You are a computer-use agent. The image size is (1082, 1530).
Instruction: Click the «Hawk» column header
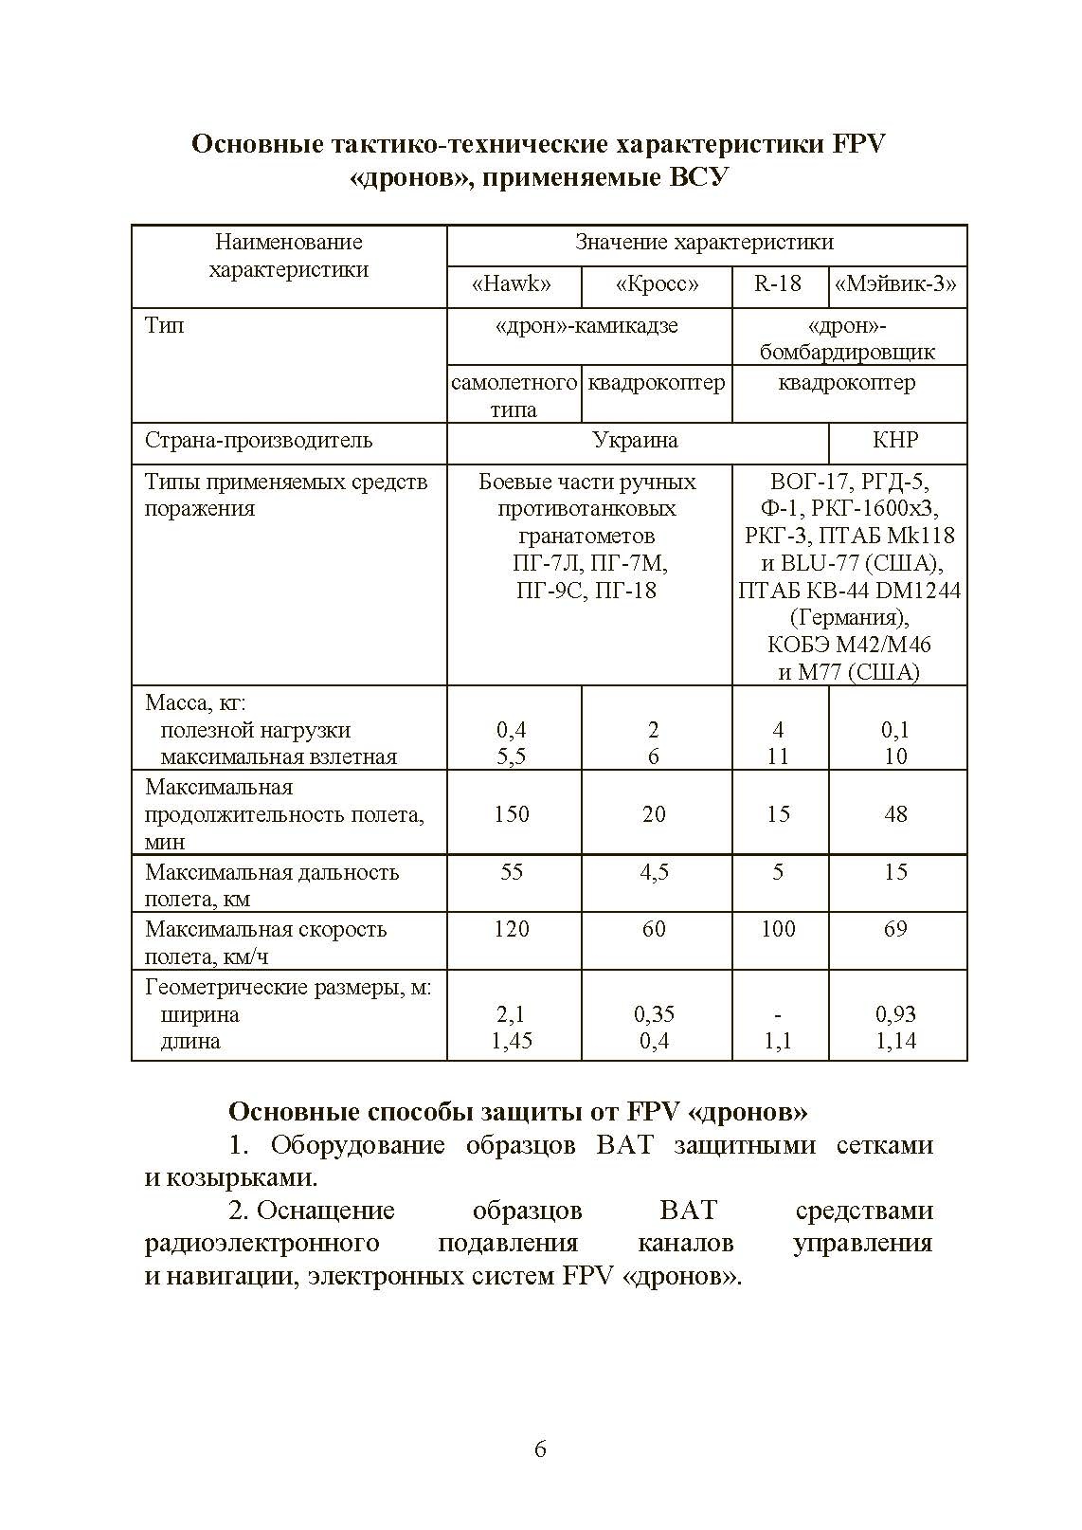click(x=512, y=284)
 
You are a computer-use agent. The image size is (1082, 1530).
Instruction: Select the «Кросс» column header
click(x=657, y=284)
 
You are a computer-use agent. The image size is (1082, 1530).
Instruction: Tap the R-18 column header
click(x=778, y=283)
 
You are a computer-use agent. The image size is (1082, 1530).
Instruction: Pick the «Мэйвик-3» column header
click(x=896, y=284)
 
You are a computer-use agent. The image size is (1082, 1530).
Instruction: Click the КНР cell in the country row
click(x=895, y=441)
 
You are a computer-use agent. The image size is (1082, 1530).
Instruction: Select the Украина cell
click(x=635, y=441)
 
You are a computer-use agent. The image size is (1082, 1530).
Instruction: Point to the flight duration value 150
click(x=512, y=814)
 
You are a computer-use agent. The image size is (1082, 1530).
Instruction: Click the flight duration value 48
click(x=895, y=814)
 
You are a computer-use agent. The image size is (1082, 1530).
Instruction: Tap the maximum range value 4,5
click(x=654, y=872)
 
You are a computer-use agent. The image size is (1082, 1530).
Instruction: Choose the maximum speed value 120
click(x=512, y=929)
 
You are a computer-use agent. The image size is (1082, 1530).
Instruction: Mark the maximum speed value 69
click(x=895, y=929)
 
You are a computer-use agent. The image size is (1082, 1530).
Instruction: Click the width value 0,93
click(x=895, y=1014)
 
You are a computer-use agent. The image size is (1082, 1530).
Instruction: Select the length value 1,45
click(x=512, y=1041)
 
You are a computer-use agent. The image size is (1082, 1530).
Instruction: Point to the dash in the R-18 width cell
click(x=778, y=1014)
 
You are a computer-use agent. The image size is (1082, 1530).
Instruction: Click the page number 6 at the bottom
click(x=540, y=1449)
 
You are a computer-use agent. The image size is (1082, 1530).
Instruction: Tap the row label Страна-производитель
click(x=259, y=441)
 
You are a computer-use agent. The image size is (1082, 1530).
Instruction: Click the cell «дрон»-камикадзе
click(x=587, y=326)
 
